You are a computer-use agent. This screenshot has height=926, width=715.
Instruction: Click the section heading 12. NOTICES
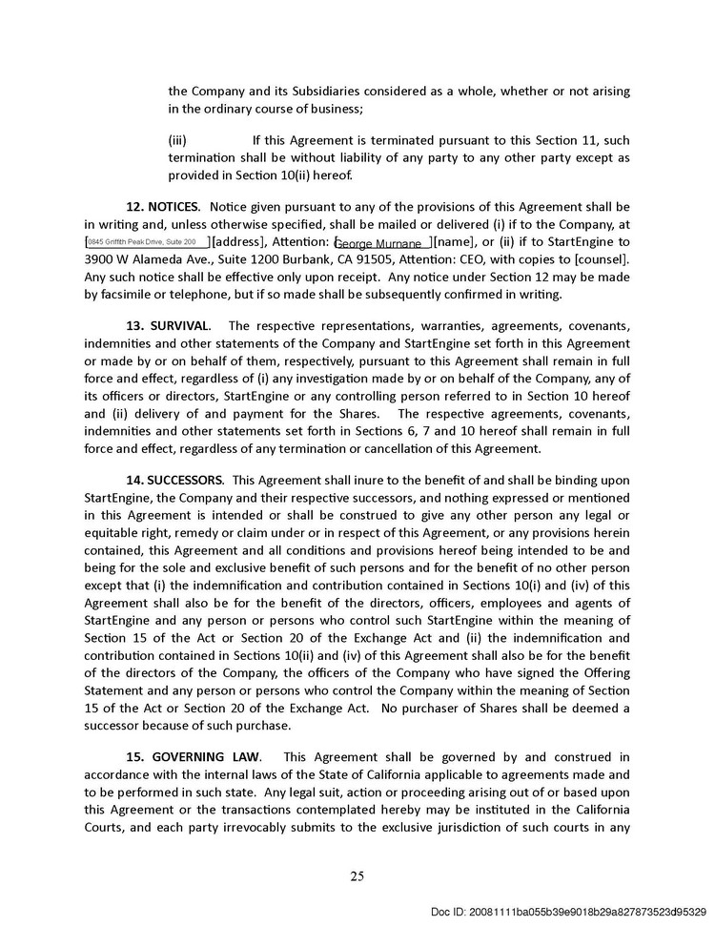[x=163, y=207]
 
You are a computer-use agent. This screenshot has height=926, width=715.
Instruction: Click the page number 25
[x=357, y=876]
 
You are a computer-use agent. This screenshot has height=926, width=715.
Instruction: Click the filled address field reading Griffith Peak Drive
[x=148, y=242]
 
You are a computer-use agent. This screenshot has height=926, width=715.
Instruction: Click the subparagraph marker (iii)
[x=178, y=140]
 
